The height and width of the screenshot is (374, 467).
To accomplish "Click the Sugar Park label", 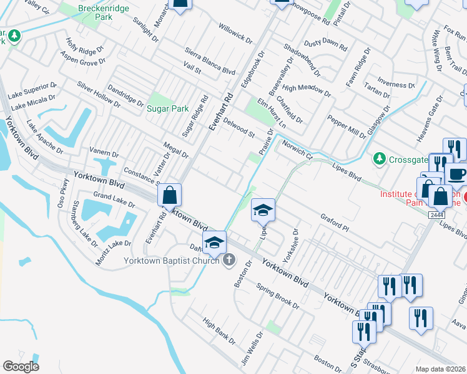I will point(167,108).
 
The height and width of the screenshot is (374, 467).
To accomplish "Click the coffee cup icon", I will point(457,173).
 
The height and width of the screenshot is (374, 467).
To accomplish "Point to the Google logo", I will point(21,367).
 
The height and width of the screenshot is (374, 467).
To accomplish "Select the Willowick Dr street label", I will point(235,34).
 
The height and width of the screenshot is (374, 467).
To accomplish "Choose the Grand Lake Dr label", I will point(114,200).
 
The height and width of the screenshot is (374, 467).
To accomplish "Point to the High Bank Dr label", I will point(219,330).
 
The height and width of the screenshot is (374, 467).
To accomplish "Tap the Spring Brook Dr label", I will point(278,294).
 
